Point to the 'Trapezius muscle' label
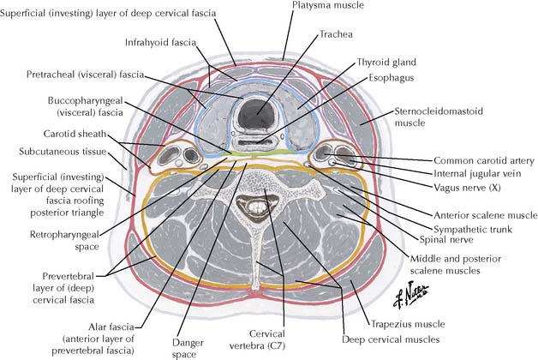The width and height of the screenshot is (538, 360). (x=408, y=325)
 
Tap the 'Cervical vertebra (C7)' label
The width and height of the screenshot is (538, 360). (x=260, y=339)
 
